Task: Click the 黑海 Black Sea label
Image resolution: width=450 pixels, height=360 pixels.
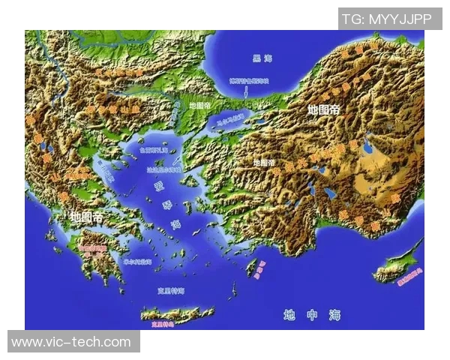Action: (x=262, y=58)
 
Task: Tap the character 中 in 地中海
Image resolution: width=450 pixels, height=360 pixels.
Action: (x=312, y=315)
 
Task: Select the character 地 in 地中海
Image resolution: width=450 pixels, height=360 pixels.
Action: (x=289, y=315)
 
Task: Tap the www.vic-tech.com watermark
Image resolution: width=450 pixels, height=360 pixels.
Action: (x=71, y=342)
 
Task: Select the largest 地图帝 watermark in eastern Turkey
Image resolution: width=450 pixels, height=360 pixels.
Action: (x=323, y=109)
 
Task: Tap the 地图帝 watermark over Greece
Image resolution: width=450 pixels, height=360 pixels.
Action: (x=86, y=217)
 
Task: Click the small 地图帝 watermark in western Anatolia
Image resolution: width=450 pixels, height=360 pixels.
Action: (x=264, y=162)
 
